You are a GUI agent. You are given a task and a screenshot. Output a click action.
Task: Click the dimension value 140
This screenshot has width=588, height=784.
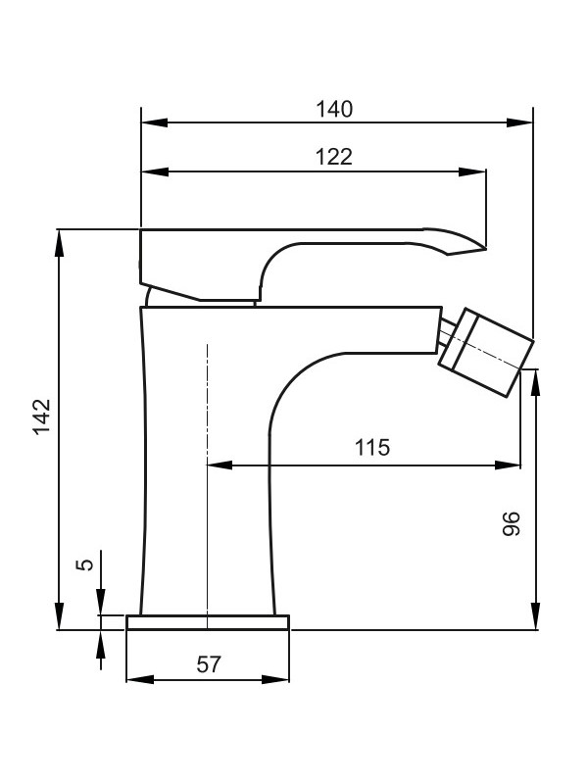pos(333,108)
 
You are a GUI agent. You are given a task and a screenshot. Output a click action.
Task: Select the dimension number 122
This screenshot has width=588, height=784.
pos(333,157)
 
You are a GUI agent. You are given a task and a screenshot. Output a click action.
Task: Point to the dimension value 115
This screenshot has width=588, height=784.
pos(372,448)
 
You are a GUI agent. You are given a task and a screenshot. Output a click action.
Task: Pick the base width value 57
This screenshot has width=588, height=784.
pos(208,664)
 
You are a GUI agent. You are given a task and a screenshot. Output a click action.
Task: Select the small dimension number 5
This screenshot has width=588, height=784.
pos(85,564)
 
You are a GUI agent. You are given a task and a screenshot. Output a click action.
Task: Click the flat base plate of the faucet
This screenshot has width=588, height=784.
pos(208,622)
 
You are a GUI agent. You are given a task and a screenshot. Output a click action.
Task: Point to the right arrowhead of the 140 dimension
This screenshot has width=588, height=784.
pos(523,122)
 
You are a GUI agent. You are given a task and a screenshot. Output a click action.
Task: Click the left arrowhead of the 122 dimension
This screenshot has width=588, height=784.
pos(151,171)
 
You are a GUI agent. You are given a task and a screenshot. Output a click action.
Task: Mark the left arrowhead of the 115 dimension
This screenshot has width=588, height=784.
pos(217,465)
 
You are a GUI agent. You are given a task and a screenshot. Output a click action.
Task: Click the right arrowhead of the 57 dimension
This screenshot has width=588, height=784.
pos(282,679)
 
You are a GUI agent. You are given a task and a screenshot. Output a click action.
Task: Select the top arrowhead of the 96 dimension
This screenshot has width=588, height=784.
pos(535,377)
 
